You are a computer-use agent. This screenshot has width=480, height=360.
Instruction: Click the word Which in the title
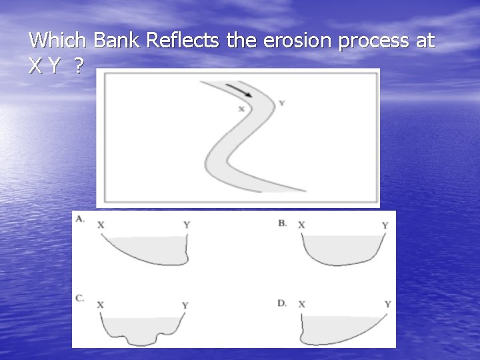point(58,41)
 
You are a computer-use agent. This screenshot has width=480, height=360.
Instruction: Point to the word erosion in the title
point(297,41)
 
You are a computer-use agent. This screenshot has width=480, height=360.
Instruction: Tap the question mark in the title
point(79,65)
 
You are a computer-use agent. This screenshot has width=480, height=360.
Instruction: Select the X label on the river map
point(241,109)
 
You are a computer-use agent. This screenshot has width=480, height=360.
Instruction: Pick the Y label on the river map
point(281,103)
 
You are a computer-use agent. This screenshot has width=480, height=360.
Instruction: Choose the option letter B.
point(283,223)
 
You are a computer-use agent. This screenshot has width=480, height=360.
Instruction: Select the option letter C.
point(80,298)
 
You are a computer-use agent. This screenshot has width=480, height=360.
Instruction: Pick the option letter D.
point(283,303)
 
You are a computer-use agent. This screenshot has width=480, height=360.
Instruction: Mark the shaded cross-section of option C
point(143,328)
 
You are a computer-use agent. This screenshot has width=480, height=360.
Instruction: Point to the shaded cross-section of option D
point(333,328)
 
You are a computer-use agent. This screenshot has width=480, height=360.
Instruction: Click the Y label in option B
point(385,226)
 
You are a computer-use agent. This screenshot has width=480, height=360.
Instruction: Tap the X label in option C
point(100,305)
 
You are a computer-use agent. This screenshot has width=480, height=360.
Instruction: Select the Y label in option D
point(387,304)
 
